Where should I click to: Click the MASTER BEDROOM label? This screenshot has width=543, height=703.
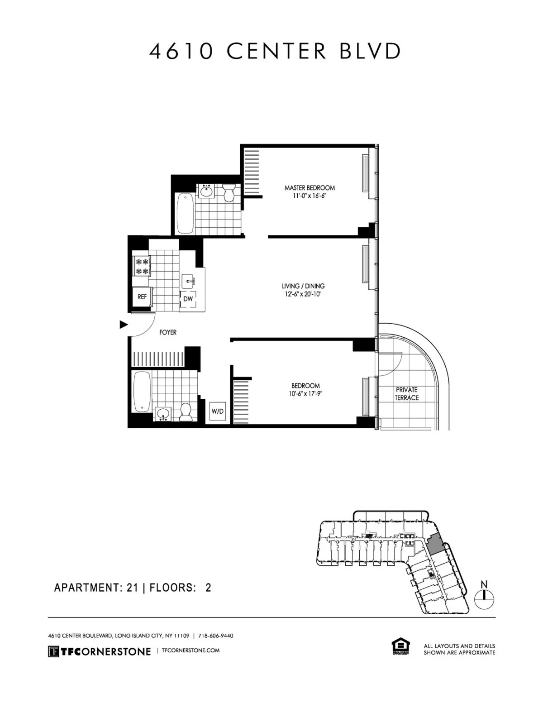(310, 187)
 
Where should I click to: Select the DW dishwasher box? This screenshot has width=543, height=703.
(188, 299)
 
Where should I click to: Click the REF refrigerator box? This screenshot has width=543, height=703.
(142, 297)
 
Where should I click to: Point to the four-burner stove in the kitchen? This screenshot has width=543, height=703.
(142, 266)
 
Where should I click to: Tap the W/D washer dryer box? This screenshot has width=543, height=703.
(218, 411)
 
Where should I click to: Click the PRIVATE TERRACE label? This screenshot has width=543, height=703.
(406, 394)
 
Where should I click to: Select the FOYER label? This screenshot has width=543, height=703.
(168, 332)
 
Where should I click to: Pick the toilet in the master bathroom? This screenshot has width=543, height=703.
(228, 192)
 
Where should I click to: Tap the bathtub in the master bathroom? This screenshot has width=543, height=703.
(185, 213)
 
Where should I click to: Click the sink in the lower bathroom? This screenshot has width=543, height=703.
(163, 414)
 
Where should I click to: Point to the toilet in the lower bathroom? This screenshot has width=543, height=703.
(185, 412)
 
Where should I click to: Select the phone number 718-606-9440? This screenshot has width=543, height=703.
(216, 636)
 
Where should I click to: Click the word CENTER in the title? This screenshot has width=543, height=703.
(276, 52)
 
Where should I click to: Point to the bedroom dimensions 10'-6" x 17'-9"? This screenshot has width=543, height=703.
(305, 393)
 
